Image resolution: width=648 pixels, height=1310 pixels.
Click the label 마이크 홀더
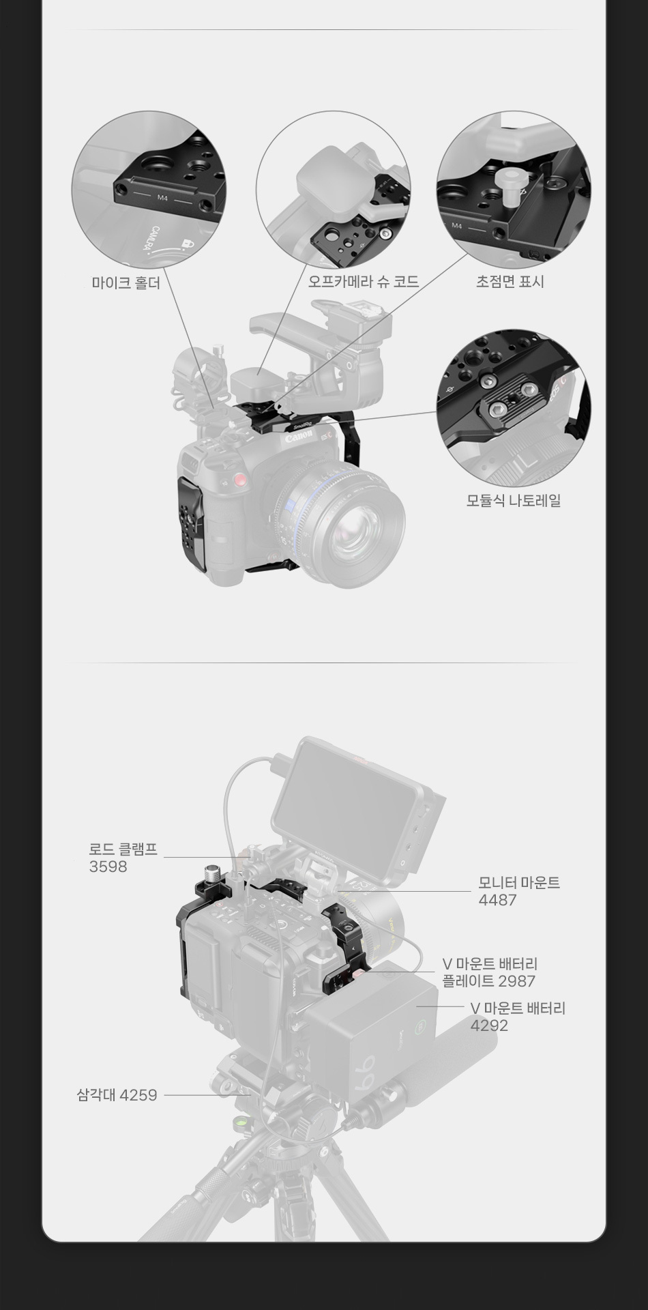126,282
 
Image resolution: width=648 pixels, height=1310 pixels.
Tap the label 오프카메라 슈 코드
363,281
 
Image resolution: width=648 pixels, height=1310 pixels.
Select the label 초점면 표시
510,281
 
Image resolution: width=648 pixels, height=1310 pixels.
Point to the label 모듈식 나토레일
514,500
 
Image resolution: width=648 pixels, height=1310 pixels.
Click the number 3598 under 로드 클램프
108,867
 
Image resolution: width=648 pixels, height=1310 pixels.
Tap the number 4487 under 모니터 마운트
497,900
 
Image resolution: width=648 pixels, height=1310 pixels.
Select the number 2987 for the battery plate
516,981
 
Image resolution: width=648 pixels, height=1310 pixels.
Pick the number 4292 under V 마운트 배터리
489,1025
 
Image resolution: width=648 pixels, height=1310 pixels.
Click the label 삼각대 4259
117,1095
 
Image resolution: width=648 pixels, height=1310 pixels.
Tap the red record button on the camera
238,481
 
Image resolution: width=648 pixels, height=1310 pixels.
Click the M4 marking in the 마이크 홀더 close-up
162,199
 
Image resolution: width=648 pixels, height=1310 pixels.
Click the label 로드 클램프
123,849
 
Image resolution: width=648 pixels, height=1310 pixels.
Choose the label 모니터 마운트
519,883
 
